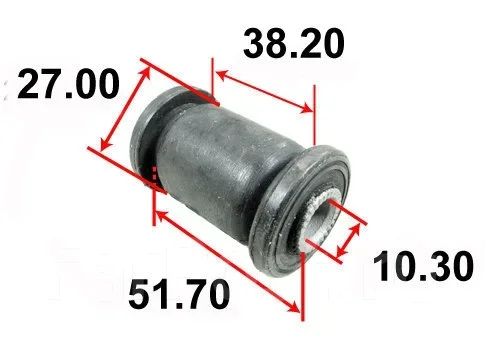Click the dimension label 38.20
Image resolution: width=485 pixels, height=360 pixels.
pyautogui.click(x=293, y=44)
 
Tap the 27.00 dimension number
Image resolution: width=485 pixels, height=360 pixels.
pyautogui.click(x=68, y=84)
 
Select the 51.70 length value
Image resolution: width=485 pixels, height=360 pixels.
pyautogui.click(x=179, y=294)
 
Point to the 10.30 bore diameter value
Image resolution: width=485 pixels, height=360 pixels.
pyautogui.click(x=423, y=266)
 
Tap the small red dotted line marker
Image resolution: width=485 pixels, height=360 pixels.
pyautogui.click(x=154, y=173)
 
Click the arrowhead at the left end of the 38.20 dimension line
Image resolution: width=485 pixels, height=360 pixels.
pyautogui.click(x=222, y=74)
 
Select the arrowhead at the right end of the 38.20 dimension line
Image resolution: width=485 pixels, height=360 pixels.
pyautogui.click(x=306, y=108)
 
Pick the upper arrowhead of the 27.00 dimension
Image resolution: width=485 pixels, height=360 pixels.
pyautogui.click(x=145, y=71)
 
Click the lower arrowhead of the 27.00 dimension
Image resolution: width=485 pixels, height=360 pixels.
pyautogui.click(x=105, y=143)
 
